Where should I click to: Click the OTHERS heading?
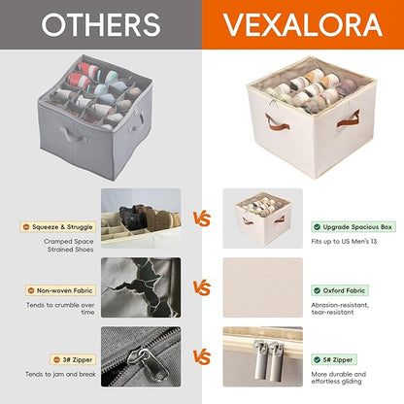(x=101, y=24)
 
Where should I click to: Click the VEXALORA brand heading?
(x=303, y=25)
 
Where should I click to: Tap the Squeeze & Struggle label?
(x=58, y=227)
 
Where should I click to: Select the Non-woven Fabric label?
(x=60, y=290)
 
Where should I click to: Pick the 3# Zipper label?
(x=73, y=359)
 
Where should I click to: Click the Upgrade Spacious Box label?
(x=353, y=227)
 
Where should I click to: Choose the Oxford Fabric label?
(x=340, y=290)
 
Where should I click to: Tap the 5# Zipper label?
(x=334, y=359)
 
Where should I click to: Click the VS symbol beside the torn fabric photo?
(x=202, y=287)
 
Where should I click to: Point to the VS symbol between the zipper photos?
(x=202, y=356)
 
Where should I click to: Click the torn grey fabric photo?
(x=141, y=287)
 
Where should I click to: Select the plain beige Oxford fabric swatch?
(x=263, y=287)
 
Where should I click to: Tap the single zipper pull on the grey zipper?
(x=149, y=363)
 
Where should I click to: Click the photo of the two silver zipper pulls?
(x=263, y=356)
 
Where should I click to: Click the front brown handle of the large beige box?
(x=277, y=123)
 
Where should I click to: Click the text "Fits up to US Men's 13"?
(x=344, y=241)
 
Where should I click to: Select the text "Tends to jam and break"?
(x=60, y=374)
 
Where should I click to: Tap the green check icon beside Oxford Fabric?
(x=318, y=290)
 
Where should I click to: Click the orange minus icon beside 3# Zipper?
(x=56, y=359)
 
